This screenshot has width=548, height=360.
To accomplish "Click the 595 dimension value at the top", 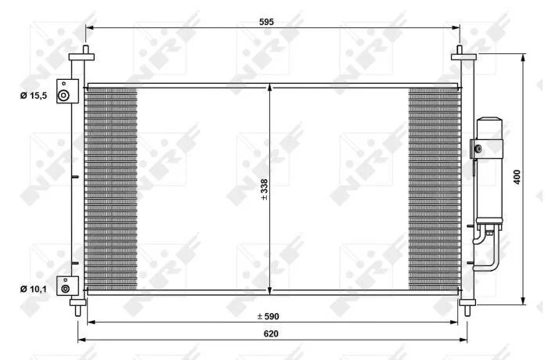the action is (266, 22).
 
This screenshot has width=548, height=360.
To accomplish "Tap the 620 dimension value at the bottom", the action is (271, 334).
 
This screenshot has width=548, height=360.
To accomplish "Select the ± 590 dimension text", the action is (268, 317).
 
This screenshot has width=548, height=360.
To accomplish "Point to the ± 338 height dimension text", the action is (265, 189).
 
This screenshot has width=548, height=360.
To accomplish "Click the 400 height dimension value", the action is (517, 177).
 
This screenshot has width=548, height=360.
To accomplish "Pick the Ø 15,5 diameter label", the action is (34, 95).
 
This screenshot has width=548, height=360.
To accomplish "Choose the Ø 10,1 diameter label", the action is (34, 289).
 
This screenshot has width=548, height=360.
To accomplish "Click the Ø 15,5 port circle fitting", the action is (63, 95).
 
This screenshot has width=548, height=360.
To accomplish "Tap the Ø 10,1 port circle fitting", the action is (65, 289).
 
